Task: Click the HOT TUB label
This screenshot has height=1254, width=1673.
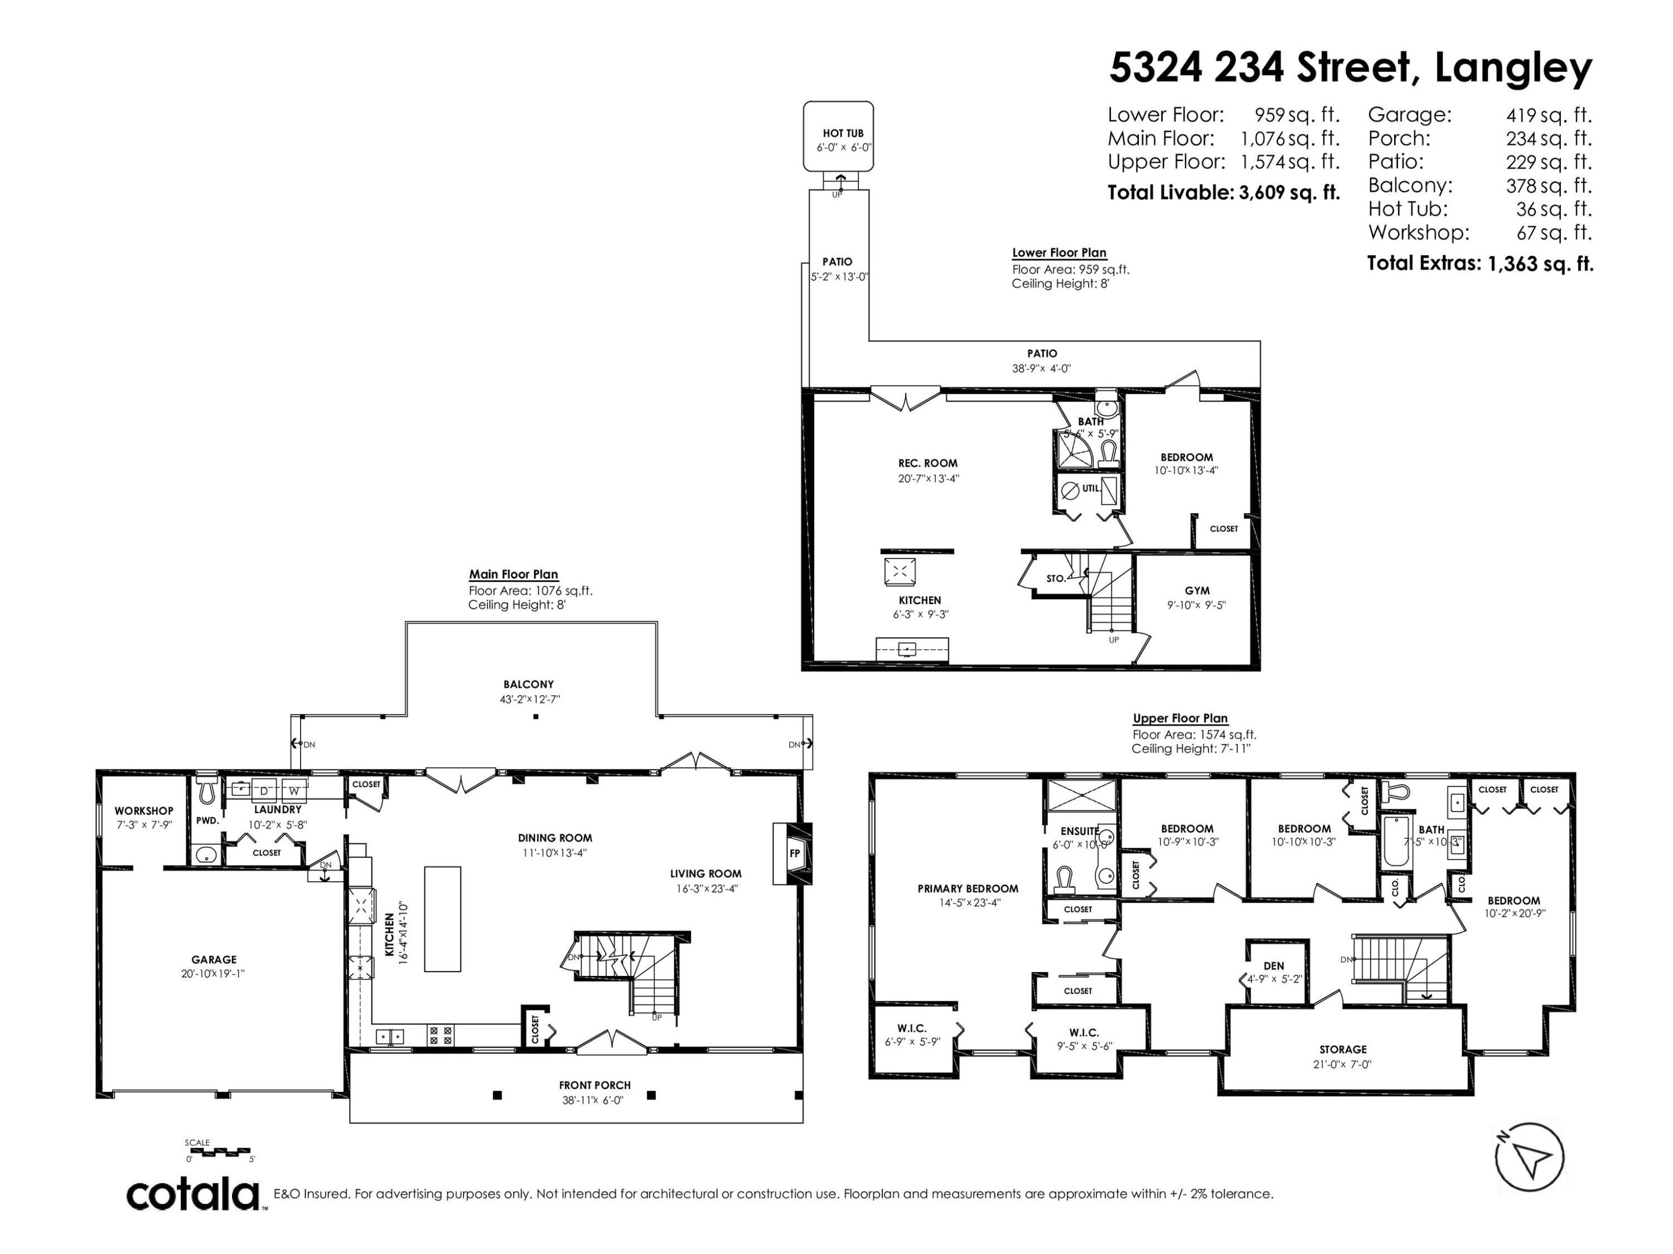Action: [843, 134]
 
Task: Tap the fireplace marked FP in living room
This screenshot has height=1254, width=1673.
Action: [794, 853]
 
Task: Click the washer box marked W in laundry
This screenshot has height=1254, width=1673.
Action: [294, 791]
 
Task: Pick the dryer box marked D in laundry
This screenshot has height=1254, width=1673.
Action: [264, 791]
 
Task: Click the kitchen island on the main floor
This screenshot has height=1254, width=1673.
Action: [442, 918]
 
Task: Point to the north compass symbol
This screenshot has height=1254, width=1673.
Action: [1529, 1157]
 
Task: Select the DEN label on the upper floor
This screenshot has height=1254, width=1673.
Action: [1274, 966]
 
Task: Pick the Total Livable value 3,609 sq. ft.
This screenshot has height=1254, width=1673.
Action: [1289, 193]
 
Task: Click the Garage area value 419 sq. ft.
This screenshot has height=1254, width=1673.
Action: [1549, 116]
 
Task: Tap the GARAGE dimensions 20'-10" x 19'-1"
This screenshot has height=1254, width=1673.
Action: [213, 974]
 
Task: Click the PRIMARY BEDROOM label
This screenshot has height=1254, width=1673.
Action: [968, 889]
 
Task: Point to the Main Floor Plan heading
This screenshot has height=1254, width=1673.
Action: [514, 575]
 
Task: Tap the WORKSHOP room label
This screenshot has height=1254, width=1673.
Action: [144, 811]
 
